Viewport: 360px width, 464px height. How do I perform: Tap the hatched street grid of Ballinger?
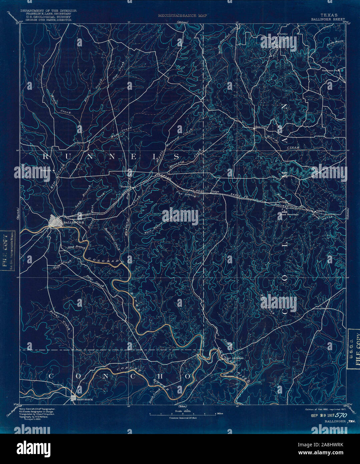click(x=55, y=221)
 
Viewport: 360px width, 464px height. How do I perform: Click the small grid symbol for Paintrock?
click(x=73, y=398)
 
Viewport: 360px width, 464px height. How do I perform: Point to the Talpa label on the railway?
click(x=216, y=192)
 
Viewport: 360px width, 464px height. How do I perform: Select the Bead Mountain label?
click(x=287, y=215)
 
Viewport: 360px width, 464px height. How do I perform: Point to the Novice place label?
click(x=283, y=34)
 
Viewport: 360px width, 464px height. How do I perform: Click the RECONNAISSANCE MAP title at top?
click(x=183, y=15)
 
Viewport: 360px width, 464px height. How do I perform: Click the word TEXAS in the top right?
click(x=329, y=15)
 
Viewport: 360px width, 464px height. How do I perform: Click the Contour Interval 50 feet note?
click(x=183, y=418)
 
